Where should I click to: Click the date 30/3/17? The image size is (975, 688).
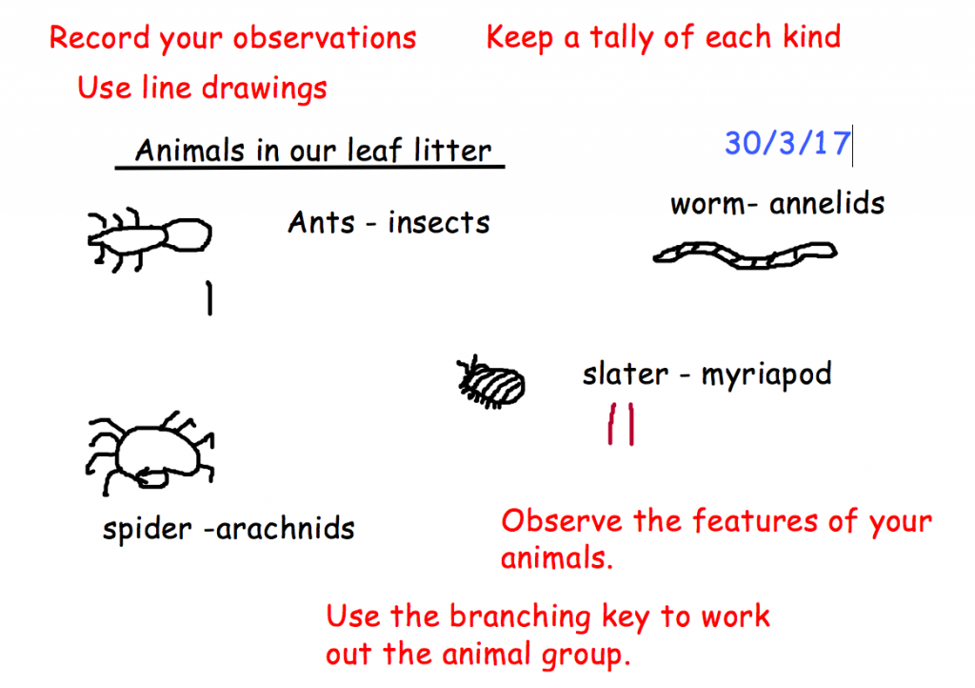coord(787,143)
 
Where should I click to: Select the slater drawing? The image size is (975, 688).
coord(491,382)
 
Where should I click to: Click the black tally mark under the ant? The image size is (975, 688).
coord(209,298)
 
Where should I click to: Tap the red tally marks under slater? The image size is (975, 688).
coord(621,424)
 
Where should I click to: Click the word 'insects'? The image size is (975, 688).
coord(438,223)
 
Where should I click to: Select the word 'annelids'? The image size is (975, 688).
coord(826,203)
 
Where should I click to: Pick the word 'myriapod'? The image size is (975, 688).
coord(766,375)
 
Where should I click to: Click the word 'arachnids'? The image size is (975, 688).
coord(286,529)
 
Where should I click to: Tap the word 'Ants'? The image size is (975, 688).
coord(321,223)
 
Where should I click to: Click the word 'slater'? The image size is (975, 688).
coord(625,374)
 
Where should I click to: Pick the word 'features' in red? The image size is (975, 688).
coord(755,520)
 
